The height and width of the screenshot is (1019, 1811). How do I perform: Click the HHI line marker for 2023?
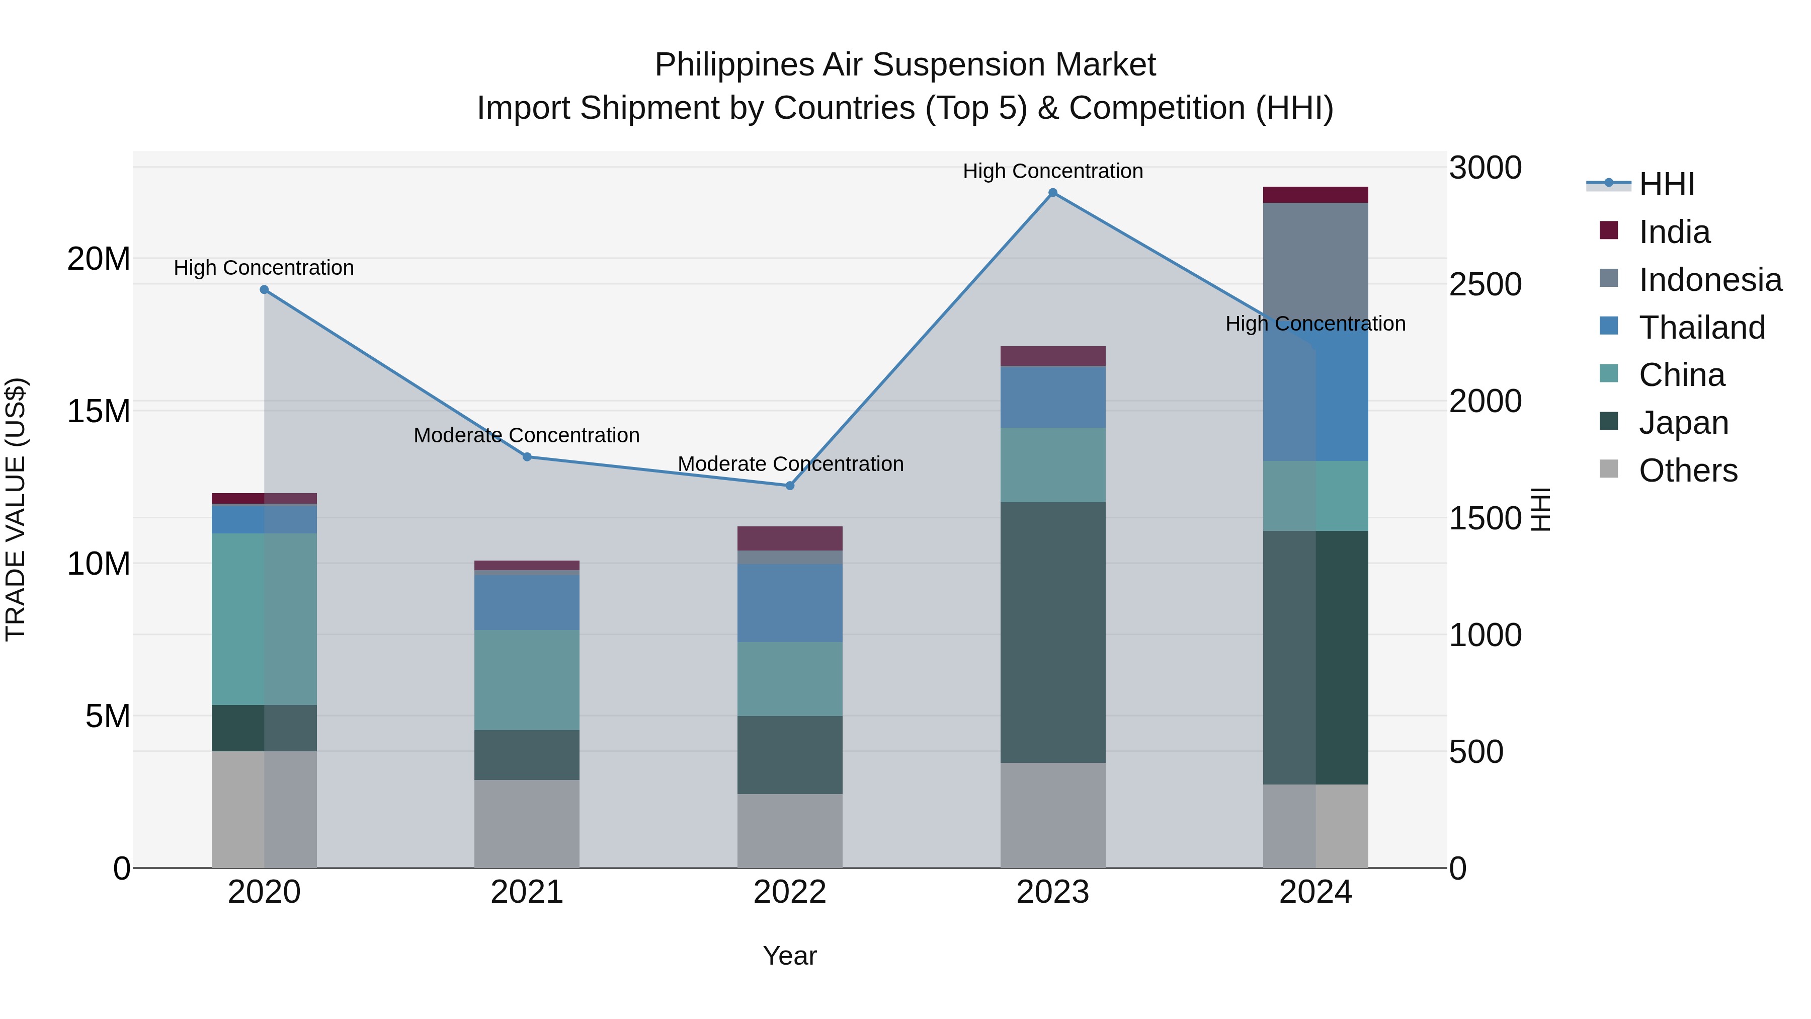(x=1052, y=193)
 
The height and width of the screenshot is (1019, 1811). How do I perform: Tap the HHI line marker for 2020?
(x=264, y=290)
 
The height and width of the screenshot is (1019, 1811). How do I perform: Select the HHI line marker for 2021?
(x=527, y=457)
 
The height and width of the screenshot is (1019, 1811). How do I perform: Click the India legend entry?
(x=1674, y=232)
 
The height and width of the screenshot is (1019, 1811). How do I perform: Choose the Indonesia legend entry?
(x=1710, y=280)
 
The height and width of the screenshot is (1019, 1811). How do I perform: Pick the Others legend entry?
(x=1687, y=471)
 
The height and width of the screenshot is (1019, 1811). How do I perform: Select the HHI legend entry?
(x=1666, y=184)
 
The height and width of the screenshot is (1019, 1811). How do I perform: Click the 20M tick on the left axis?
(x=99, y=259)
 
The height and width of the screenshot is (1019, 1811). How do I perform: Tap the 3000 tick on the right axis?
(x=1485, y=168)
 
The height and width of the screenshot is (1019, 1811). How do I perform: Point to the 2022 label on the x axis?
(x=789, y=892)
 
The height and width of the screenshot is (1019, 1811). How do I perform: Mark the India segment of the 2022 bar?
(x=789, y=538)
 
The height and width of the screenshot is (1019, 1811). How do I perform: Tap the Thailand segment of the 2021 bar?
(x=527, y=602)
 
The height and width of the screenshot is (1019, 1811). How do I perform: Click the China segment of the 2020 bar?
(x=264, y=619)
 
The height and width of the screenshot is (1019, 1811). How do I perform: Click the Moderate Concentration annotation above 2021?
(x=527, y=435)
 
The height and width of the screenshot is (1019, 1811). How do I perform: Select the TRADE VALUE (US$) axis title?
(x=16, y=509)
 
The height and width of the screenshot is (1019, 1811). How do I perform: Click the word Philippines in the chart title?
(x=734, y=65)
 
